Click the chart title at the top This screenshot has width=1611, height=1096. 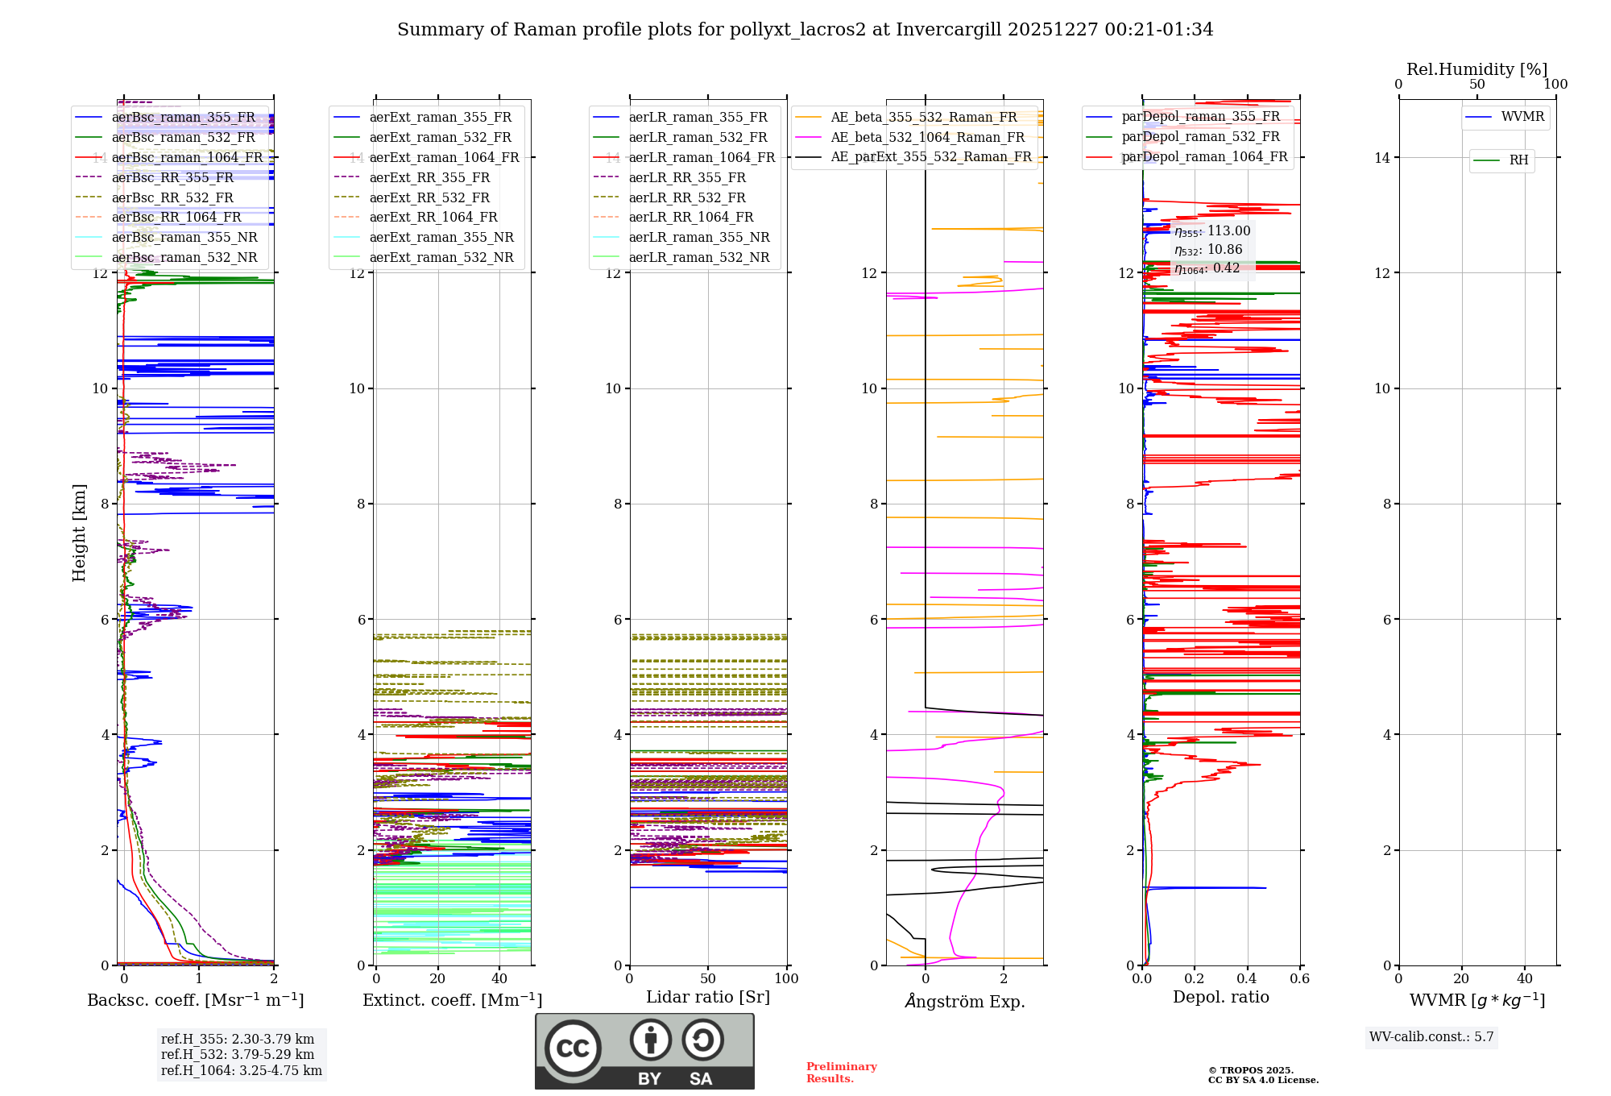coord(805,30)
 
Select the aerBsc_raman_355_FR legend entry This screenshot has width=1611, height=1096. coord(183,118)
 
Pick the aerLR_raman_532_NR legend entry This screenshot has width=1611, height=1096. coord(698,258)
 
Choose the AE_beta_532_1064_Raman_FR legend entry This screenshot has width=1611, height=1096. coord(927,138)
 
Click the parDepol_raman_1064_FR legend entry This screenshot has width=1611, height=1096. coord(1204,157)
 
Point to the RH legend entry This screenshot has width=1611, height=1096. coord(1518,160)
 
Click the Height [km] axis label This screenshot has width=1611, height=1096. coord(79,533)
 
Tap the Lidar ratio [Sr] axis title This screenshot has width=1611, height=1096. coord(708,998)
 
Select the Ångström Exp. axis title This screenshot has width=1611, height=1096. coord(964,1002)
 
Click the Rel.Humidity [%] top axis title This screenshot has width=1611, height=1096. coord(1476,69)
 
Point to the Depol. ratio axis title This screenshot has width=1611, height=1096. coord(1220,998)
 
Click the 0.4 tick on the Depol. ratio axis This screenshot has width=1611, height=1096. coord(1247,979)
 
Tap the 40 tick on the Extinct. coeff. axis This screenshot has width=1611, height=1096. coord(499,979)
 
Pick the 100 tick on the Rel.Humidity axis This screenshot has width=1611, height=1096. coord(1555,85)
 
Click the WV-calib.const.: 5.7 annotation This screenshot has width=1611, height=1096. coord(1431,1037)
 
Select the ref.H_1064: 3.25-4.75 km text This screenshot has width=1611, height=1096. coord(241,1071)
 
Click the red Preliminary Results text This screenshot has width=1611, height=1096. coord(841,1073)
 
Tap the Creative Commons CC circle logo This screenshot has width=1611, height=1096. coord(573,1048)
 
